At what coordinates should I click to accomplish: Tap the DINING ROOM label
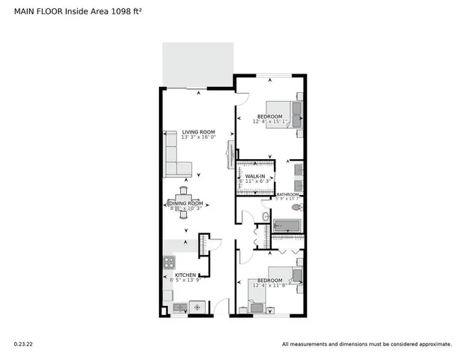(x=185, y=203)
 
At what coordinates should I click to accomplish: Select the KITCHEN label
(x=185, y=275)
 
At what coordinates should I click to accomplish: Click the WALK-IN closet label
(x=253, y=175)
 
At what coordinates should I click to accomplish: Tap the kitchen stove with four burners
(x=169, y=262)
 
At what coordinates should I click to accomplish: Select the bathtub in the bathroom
(x=286, y=226)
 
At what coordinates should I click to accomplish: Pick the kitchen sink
(x=179, y=307)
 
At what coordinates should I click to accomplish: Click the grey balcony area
(x=198, y=64)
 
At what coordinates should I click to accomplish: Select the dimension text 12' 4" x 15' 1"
(x=269, y=122)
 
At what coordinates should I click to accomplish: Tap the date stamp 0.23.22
(x=23, y=344)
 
